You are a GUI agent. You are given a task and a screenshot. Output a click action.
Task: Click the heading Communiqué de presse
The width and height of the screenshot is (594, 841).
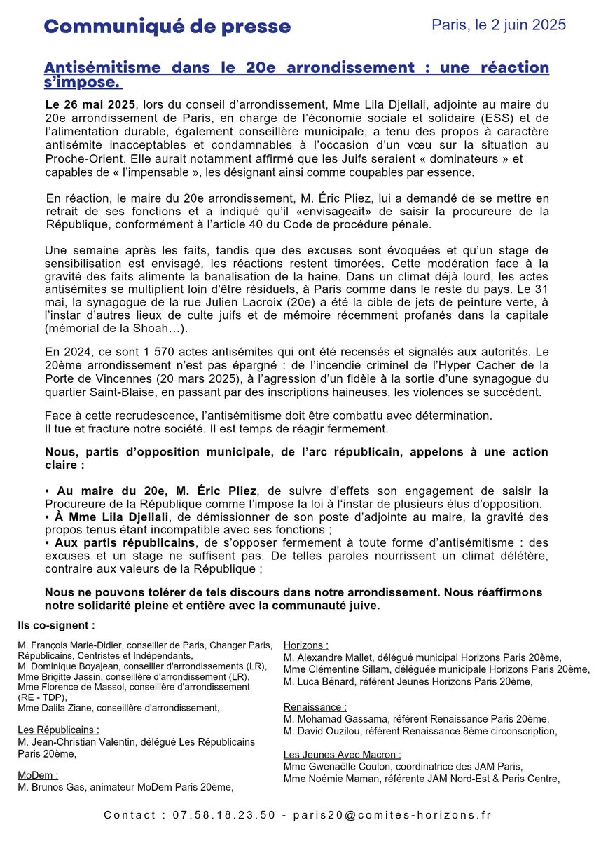click(x=167, y=27)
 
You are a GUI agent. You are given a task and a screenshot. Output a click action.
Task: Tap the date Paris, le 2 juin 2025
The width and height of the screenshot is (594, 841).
click(x=498, y=25)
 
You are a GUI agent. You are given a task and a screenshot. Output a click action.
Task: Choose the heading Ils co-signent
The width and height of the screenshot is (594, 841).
click(x=56, y=624)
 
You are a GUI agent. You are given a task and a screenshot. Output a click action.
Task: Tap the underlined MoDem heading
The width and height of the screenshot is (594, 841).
click(x=37, y=774)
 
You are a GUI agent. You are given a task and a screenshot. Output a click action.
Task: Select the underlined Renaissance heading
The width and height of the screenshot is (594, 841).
click(x=315, y=707)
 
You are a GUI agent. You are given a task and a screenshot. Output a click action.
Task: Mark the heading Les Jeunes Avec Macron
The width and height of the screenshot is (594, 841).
click(x=343, y=754)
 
